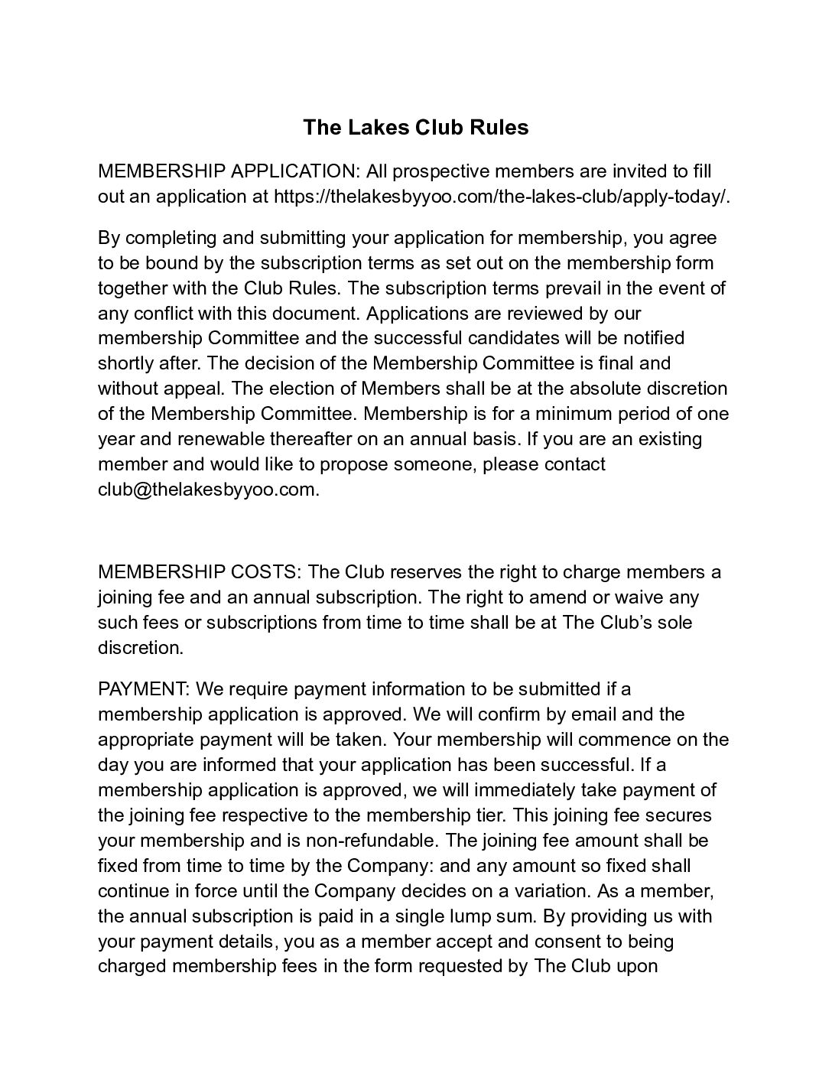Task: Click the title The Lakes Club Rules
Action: [415, 127]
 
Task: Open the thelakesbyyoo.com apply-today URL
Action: [502, 196]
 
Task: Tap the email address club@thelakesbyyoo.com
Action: [208, 490]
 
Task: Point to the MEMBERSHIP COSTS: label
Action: [200, 572]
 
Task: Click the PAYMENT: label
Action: [144, 689]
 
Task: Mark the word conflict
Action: [164, 313]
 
